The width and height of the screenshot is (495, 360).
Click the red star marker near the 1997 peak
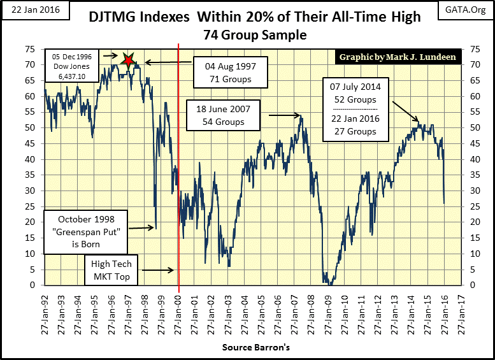[129, 61]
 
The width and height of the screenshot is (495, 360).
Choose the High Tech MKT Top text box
[112, 270]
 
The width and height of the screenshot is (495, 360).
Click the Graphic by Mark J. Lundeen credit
[397, 57]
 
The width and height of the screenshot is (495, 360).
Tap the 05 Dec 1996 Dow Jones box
[71, 66]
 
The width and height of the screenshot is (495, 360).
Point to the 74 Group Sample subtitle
[253, 35]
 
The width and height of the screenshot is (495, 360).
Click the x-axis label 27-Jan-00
[178, 312]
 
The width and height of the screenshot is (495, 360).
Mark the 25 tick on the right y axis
[475, 206]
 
